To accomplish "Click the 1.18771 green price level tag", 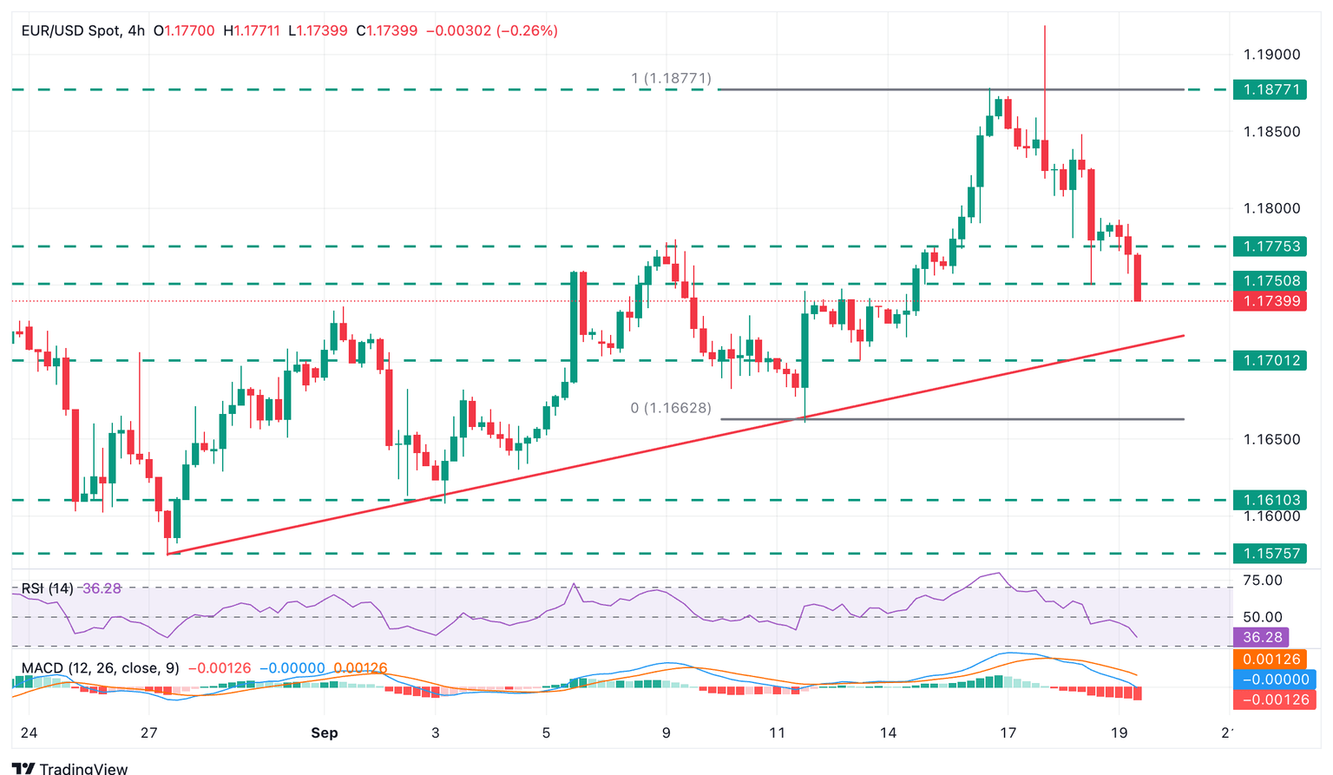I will [x=1271, y=89].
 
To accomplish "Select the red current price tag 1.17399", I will [x=1271, y=301].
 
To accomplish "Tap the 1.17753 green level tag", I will [x=1271, y=246].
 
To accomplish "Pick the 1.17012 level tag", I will [x=1271, y=360].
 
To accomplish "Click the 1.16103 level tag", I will [x=1271, y=500].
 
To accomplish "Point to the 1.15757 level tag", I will [x=1271, y=553].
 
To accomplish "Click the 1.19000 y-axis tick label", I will [x=1272, y=55].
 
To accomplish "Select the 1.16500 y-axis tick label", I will [x=1272, y=439].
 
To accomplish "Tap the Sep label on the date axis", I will [x=325, y=733].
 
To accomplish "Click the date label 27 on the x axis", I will [x=149, y=733].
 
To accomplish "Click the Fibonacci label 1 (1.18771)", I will [x=671, y=79].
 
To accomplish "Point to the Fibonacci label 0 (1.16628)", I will [x=671, y=408].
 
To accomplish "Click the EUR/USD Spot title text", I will [x=71, y=30].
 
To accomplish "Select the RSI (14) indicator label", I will [x=48, y=588].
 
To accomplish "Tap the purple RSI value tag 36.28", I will [x=1263, y=638].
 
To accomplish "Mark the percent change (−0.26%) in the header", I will [x=527, y=30].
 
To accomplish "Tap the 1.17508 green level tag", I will [x=1271, y=281].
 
